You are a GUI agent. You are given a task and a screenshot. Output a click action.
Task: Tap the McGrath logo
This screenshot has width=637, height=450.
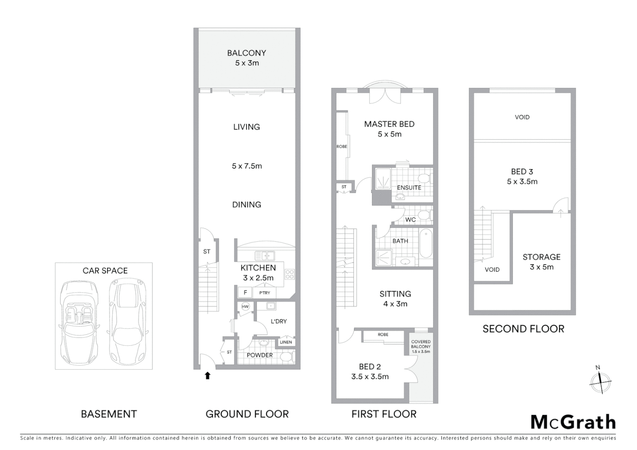pos(573,422)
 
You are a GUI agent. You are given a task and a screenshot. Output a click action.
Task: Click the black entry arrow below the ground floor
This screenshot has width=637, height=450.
pos(207,375)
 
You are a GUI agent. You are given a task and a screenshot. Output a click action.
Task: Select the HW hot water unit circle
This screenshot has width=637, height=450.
pos(245,307)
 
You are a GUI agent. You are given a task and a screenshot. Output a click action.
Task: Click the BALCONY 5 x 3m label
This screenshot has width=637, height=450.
pos(247,58)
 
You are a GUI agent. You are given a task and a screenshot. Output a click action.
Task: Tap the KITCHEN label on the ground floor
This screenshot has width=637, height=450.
pos(258,268)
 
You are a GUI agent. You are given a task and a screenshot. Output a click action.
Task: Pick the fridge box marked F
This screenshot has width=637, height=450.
pos(245,292)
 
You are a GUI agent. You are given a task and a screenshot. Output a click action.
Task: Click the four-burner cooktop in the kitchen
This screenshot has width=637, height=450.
pos(289,274)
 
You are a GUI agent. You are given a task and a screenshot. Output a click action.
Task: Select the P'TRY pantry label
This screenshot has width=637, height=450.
pos(265,293)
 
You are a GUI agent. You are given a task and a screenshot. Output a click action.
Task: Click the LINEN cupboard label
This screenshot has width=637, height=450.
pos(286,342)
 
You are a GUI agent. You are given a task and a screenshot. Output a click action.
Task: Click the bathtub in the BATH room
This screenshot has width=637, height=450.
pos(426,243)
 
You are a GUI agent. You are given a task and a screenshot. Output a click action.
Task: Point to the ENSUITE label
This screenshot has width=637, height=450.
pos(409,188)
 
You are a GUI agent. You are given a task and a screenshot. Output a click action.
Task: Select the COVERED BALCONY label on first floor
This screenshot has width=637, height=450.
pos(421,346)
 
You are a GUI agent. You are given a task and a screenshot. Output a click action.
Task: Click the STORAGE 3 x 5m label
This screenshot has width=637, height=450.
pos(542,262)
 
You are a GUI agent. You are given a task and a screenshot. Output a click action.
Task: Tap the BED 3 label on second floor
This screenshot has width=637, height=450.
pos(522,176)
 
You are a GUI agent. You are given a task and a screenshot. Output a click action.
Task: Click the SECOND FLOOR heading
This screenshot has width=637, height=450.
pos(523,329)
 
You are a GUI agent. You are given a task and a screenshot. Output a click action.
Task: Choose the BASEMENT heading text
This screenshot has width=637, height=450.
pos(109,414)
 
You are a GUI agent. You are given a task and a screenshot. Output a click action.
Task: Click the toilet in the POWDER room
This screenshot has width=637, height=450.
pos(286,357)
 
